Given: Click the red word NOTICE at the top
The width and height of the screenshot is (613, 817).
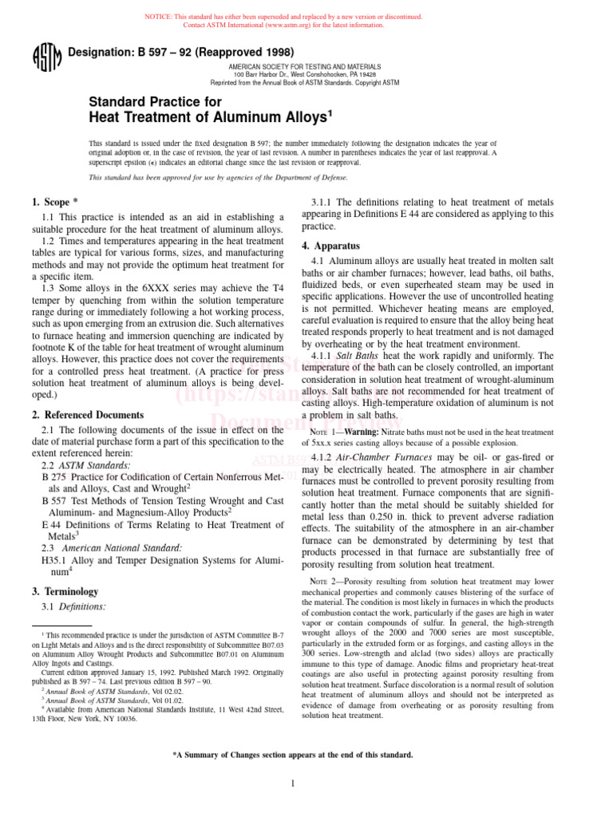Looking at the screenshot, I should pos(156,17).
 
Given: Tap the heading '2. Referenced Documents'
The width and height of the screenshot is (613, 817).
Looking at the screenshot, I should pos(88,415).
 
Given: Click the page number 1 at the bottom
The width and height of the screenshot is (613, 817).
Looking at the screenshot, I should pos(294,783).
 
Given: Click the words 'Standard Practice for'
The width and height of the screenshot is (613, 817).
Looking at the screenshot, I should pos(155,102).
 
